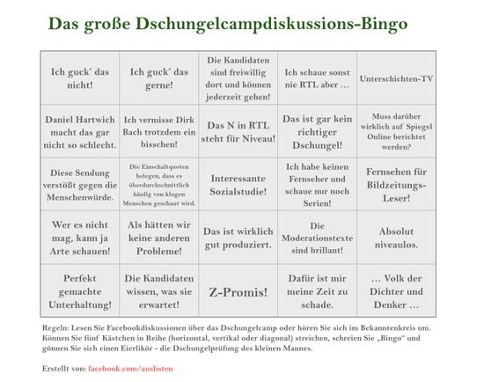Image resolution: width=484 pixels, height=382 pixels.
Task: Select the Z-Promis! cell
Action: [238, 290]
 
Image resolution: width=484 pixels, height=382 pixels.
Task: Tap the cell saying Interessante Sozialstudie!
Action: [238, 184]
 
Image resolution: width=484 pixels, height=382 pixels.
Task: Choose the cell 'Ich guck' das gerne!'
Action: [158, 78]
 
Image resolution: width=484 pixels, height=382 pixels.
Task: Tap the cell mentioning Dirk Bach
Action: [158, 131]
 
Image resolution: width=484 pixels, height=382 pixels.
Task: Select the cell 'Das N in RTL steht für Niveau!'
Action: [238, 131]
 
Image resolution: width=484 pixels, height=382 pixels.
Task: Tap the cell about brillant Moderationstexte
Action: [317, 238]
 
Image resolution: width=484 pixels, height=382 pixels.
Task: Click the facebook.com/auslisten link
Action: [126, 366]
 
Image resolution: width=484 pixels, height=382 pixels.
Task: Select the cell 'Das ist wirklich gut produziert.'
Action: [238, 238]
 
